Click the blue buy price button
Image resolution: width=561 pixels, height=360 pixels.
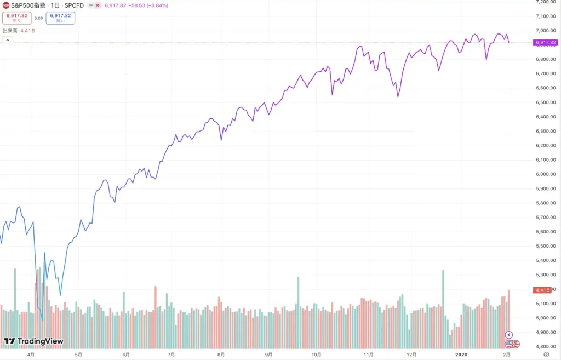[60, 18]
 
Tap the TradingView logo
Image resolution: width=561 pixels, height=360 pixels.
[33, 341]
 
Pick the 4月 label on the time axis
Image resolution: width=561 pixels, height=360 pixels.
[31, 355]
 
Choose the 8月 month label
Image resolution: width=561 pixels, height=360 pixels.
[221, 355]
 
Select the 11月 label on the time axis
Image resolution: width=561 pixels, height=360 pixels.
[369, 355]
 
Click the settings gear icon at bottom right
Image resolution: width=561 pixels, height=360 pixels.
[539, 355]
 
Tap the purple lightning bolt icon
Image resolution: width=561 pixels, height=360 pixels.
[509, 335]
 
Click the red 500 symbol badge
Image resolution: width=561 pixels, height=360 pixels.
[6, 5]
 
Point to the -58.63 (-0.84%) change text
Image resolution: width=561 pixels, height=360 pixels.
[148, 5]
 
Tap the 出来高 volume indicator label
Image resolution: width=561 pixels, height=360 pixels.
[10, 31]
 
